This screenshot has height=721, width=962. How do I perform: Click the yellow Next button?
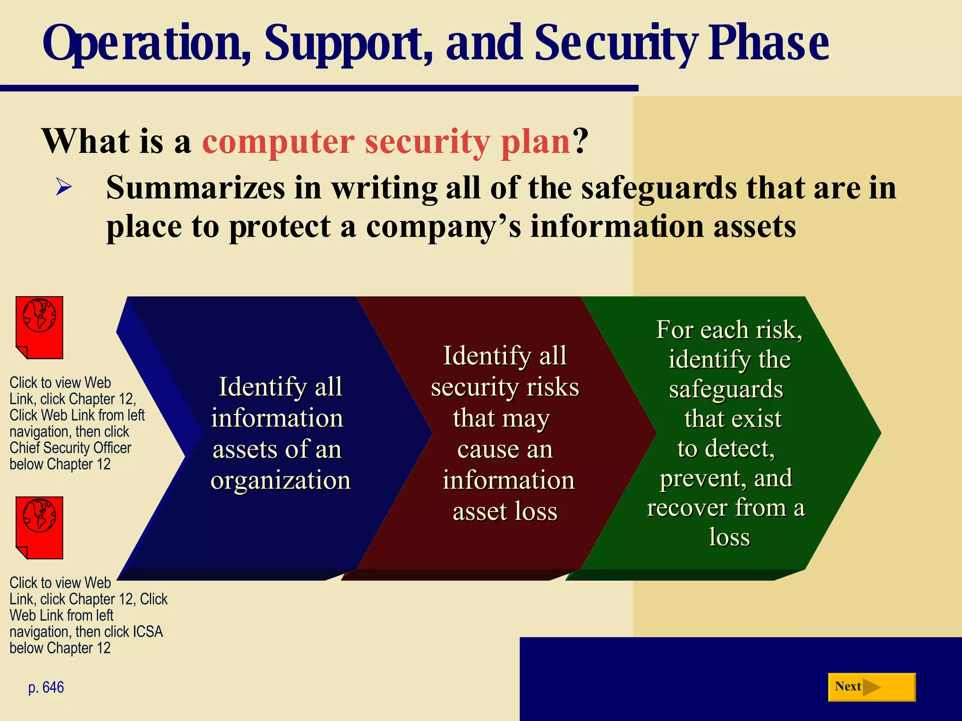coord(871,687)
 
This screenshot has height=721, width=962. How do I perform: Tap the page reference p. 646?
coord(46,687)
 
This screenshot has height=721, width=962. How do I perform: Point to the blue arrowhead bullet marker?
coord(64,187)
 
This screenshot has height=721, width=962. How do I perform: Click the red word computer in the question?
coord(278,141)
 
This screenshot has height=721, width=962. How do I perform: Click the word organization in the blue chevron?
coord(280,480)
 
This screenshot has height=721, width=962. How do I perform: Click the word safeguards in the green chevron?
coord(726,390)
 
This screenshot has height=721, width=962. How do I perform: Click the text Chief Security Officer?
coord(70,448)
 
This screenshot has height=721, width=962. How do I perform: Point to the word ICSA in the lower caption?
coord(147,632)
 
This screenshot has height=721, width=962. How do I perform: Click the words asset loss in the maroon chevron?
coord(505,511)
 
